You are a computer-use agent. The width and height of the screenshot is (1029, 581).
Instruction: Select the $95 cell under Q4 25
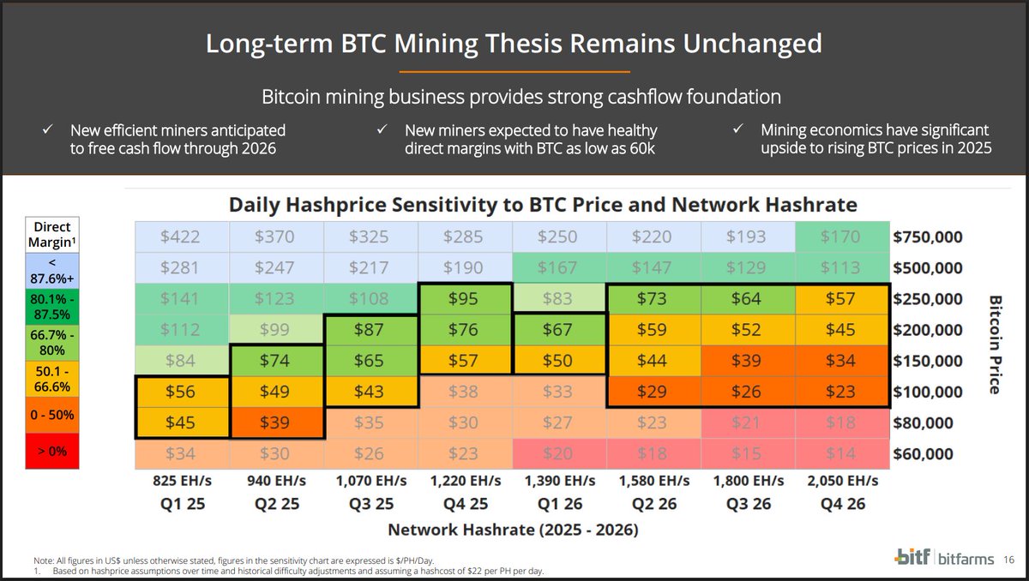click(465, 298)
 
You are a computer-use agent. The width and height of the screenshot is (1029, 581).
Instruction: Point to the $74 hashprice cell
click(276, 360)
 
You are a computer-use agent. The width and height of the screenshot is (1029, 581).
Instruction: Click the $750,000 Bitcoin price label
click(927, 237)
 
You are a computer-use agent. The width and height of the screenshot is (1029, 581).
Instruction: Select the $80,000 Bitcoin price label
click(924, 422)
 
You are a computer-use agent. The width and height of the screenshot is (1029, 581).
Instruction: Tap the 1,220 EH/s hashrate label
click(465, 482)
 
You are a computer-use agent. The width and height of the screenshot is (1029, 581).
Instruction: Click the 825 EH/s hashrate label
click(182, 482)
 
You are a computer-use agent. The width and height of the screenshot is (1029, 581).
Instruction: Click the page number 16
click(1009, 559)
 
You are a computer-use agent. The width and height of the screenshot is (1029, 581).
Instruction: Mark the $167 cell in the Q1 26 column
click(559, 267)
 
